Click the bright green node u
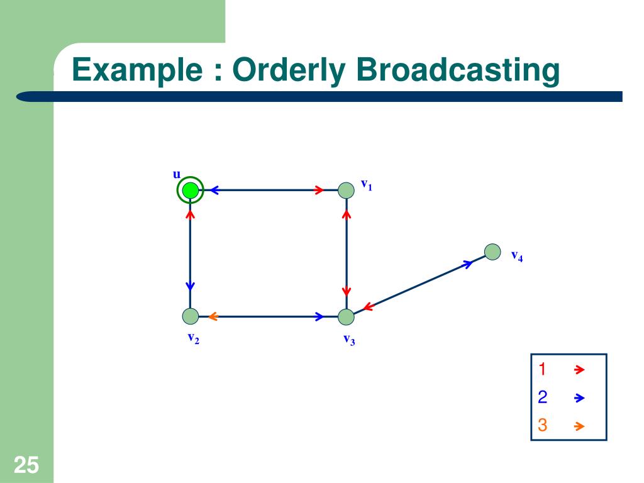pos(190,190)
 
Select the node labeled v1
pos(346,190)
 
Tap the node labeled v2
pos(190,316)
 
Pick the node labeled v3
pos(346,317)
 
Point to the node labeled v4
pos(492,252)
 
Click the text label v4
pos(517,256)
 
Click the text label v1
pos(366,185)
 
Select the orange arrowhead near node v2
pos(212,316)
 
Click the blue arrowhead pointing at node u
pos(214,190)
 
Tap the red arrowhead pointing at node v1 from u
pos(319,190)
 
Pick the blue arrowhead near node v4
pos(467,264)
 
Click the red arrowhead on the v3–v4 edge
pos(368,307)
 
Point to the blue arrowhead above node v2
pos(190,286)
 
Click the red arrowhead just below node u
pos(190,214)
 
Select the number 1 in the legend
pos(541,370)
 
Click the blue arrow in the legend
pos(579,398)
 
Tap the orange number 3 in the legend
pos(542,426)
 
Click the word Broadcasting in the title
pos(457,70)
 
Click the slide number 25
pos(26,466)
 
